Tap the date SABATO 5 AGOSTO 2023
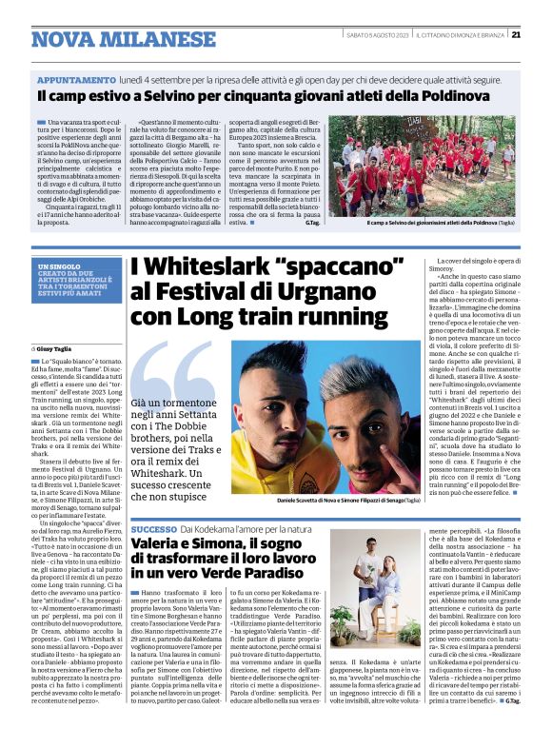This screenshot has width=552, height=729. pos(375,35)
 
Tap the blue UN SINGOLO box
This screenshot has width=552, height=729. pos(80,280)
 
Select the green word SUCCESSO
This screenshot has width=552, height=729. pos(153,528)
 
